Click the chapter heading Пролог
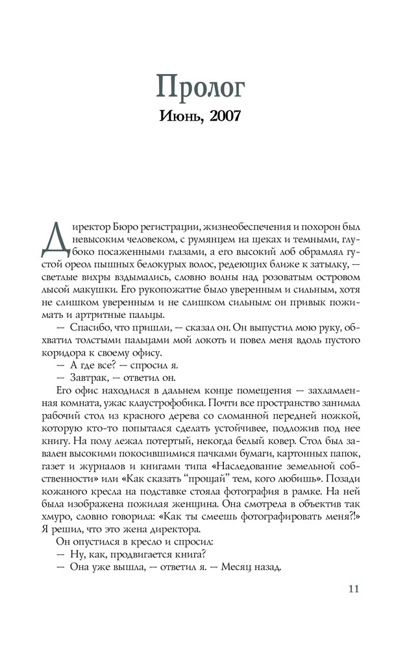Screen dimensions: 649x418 (209, 86)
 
